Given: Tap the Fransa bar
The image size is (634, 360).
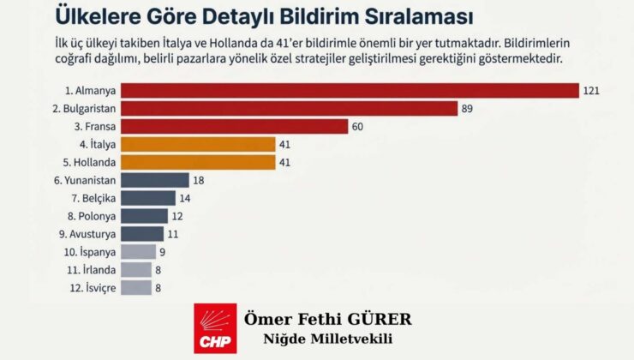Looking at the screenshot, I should point(234,126).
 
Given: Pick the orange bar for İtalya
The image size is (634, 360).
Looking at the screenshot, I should point(198,144).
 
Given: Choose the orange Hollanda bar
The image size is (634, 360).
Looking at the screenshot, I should point(198,162).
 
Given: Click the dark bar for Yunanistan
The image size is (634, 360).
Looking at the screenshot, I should point(154,180).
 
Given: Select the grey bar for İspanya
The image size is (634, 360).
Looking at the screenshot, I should point(138,252).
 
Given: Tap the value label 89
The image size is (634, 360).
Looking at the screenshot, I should point(469,108).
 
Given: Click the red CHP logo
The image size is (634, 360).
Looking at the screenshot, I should point(215,328).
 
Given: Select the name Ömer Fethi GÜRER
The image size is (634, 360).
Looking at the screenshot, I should point(328,320).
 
